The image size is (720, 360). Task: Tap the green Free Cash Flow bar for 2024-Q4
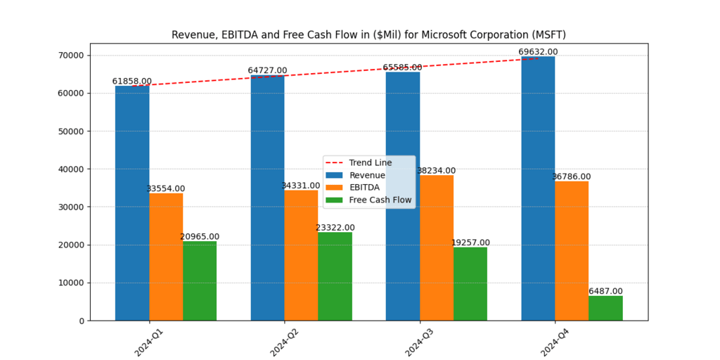click(x=605, y=308)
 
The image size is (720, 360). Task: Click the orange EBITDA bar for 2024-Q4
click(x=572, y=250)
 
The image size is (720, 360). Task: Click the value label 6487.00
click(x=605, y=291)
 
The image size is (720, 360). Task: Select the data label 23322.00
click(x=335, y=228)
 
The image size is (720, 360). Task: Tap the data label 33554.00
click(x=166, y=188)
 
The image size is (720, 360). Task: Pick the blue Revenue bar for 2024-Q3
click(x=403, y=196)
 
